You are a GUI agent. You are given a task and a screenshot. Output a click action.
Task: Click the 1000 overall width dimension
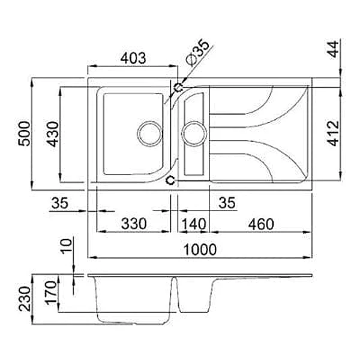pyautogui.click(x=200, y=250)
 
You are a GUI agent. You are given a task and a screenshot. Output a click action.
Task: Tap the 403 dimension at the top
pyautogui.click(x=133, y=58)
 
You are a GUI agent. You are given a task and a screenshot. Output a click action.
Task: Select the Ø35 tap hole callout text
pyautogui.click(x=197, y=53)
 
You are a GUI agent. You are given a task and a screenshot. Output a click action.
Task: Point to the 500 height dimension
pyautogui.click(x=24, y=134)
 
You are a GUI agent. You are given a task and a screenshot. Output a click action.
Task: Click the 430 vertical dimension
pyautogui.click(x=53, y=134)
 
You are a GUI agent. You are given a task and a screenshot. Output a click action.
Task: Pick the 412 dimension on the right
pyautogui.click(x=333, y=133)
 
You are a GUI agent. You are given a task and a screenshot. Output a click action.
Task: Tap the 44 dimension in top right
pyautogui.click(x=333, y=49)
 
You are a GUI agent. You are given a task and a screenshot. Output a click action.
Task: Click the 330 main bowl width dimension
pyautogui.click(x=134, y=224)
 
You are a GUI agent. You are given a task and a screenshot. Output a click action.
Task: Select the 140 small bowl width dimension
pyautogui.click(x=194, y=224)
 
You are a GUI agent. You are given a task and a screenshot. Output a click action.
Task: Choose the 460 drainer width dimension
pyautogui.click(x=261, y=224)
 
